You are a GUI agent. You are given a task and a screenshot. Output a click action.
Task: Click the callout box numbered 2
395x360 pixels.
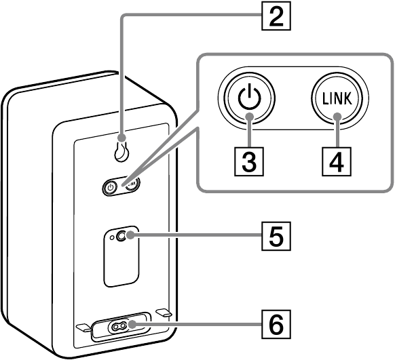point(276,16)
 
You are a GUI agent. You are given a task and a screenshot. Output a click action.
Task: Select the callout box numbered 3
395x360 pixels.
point(249,161)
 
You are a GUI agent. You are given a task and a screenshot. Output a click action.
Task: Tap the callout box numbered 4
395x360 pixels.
point(337,161)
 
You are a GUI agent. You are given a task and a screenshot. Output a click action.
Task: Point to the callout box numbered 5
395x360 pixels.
point(276,236)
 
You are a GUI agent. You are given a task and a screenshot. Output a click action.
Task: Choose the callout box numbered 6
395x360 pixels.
point(276,324)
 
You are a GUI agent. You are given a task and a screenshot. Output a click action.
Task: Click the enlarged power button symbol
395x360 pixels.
point(249,98)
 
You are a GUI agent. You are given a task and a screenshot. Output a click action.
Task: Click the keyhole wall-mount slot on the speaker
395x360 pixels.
point(122,151)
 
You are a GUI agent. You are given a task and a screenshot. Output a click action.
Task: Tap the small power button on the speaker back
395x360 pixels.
point(110,188)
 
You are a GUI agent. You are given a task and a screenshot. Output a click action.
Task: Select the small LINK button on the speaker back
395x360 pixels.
point(132,184)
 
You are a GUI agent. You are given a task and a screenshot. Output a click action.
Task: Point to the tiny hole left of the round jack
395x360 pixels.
point(112,237)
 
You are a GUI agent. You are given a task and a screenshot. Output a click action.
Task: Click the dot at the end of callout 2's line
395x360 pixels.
point(122,138)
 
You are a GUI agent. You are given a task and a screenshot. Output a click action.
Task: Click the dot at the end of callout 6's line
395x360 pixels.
point(132,325)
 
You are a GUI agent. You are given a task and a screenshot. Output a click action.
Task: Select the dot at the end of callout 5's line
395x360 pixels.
point(130,235)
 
